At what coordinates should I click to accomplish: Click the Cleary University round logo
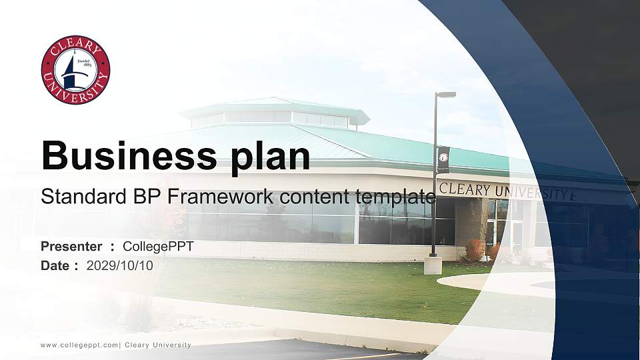pyautogui.click(x=75, y=70)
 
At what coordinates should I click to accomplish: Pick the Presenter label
pyautogui.click(x=71, y=247)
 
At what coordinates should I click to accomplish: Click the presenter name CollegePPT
pyautogui.click(x=158, y=247)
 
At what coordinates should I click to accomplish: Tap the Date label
pyautogui.click(x=55, y=265)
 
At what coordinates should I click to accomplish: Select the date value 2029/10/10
pyautogui.click(x=120, y=265)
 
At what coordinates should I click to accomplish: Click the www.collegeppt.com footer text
pyautogui.click(x=79, y=345)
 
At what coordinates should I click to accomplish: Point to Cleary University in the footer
pyautogui.click(x=158, y=345)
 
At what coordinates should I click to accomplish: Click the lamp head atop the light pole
pyautogui.click(x=446, y=95)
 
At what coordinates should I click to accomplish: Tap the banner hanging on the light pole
pyautogui.click(x=443, y=159)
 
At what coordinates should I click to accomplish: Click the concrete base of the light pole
pyautogui.click(x=433, y=265)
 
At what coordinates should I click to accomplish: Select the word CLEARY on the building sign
pyautogui.click(x=465, y=189)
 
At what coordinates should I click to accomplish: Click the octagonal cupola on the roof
pyautogui.click(x=273, y=113)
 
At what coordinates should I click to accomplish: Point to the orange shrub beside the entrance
pyautogui.click(x=475, y=250)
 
